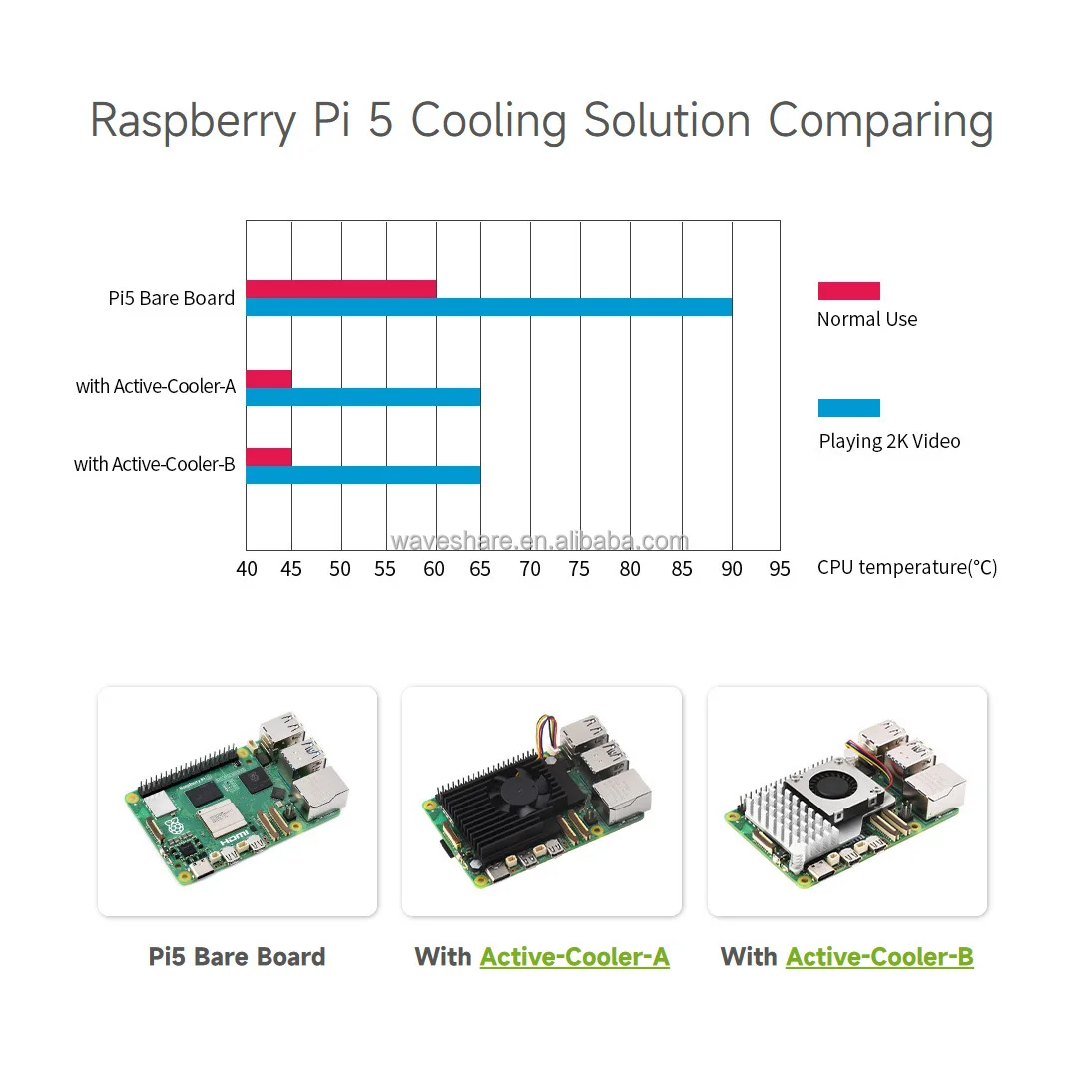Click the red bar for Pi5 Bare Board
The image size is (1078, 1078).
point(341,289)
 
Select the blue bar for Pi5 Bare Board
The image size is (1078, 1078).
point(489,307)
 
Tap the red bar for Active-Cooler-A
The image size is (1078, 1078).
point(269,379)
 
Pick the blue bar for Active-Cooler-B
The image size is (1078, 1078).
point(363,475)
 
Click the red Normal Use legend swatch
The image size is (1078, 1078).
point(849,291)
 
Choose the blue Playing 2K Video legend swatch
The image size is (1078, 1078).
point(849,408)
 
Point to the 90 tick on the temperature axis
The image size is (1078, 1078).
point(732,569)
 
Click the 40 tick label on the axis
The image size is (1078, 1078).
point(246,569)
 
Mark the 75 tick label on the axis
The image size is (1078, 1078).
point(580,569)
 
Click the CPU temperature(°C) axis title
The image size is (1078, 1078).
point(907,568)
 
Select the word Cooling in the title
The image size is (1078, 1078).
point(489,122)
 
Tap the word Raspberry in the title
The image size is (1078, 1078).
point(193,122)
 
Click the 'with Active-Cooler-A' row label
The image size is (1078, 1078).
point(156,386)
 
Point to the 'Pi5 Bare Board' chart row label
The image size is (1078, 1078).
point(172,298)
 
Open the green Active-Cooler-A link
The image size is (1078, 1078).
point(575,957)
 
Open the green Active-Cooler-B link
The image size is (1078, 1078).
point(879,957)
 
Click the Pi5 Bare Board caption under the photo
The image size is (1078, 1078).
point(238,957)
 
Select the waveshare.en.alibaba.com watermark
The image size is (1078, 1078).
point(540,541)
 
